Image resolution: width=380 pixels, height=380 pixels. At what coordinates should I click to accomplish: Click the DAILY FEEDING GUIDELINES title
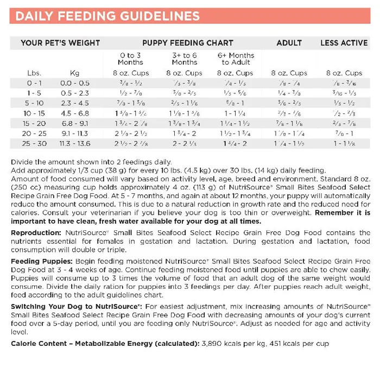pyautogui.click(x=106, y=15)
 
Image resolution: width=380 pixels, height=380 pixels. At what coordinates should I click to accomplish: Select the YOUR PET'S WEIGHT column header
pyautogui.click(x=60, y=43)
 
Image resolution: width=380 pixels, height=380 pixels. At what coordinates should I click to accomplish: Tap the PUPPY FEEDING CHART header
pyautogui.click(x=188, y=43)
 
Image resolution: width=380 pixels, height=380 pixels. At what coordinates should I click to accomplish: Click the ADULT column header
pyautogui.click(x=289, y=43)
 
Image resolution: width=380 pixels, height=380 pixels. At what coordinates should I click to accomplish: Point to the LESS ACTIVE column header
pyautogui.click(x=344, y=43)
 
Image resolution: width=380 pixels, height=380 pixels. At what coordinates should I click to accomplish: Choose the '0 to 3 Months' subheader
pyautogui.click(x=131, y=59)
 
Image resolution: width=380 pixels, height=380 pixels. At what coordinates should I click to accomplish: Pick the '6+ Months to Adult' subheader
pyautogui.click(x=236, y=59)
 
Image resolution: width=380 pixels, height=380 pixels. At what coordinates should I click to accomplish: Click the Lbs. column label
pyautogui.click(x=34, y=73)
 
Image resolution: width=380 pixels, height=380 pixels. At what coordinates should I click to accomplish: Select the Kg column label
pyautogui.click(x=75, y=73)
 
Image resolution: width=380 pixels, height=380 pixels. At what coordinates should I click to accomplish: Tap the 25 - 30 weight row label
pyautogui.click(x=34, y=144)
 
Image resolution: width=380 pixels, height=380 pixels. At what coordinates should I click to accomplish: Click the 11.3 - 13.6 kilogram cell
pyautogui.click(x=75, y=144)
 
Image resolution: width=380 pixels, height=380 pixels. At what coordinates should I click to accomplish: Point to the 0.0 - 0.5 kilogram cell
pyautogui.click(x=75, y=83)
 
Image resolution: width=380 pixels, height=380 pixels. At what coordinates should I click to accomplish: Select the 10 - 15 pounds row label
pyautogui.click(x=34, y=113)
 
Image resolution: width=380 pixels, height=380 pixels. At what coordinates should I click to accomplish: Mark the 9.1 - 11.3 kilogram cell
pyautogui.click(x=75, y=134)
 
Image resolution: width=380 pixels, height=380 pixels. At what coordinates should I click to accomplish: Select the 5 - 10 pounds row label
pyautogui.click(x=34, y=103)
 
